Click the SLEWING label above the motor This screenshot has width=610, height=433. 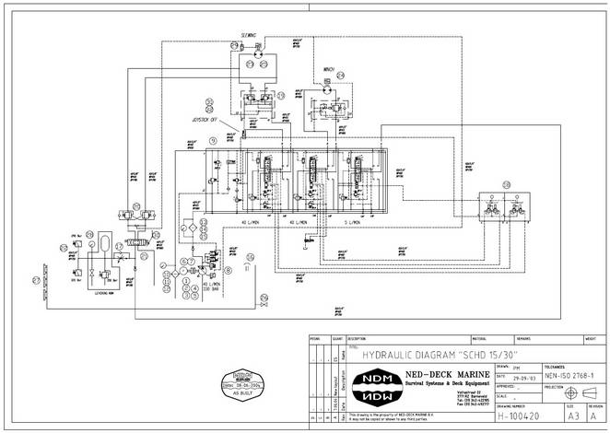pyautogui.click(x=249, y=35)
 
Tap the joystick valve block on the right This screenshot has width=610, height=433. pyautogui.click(x=501, y=208)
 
